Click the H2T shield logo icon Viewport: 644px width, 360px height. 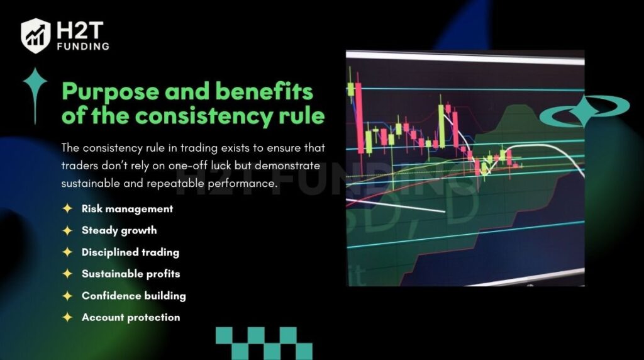click(36, 36)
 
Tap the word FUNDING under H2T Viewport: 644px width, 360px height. click(84, 47)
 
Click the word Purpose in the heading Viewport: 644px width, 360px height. click(110, 92)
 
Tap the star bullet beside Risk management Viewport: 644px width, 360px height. click(67, 208)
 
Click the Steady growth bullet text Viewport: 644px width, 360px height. click(119, 230)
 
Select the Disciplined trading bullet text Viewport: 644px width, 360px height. click(130, 252)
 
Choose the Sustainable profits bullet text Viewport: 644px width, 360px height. click(131, 274)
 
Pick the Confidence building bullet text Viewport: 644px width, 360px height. click(133, 296)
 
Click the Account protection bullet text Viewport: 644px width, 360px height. click(131, 317)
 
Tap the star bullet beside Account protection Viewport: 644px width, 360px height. click(67, 317)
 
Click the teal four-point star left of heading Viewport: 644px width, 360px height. click(35, 95)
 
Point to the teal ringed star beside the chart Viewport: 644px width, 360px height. click(584, 110)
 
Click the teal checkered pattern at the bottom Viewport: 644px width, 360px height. click(264, 344)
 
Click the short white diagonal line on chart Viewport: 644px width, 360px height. click(396, 206)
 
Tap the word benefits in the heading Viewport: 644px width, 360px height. click(264, 91)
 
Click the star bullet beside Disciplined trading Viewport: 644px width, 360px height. click(67, 252)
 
